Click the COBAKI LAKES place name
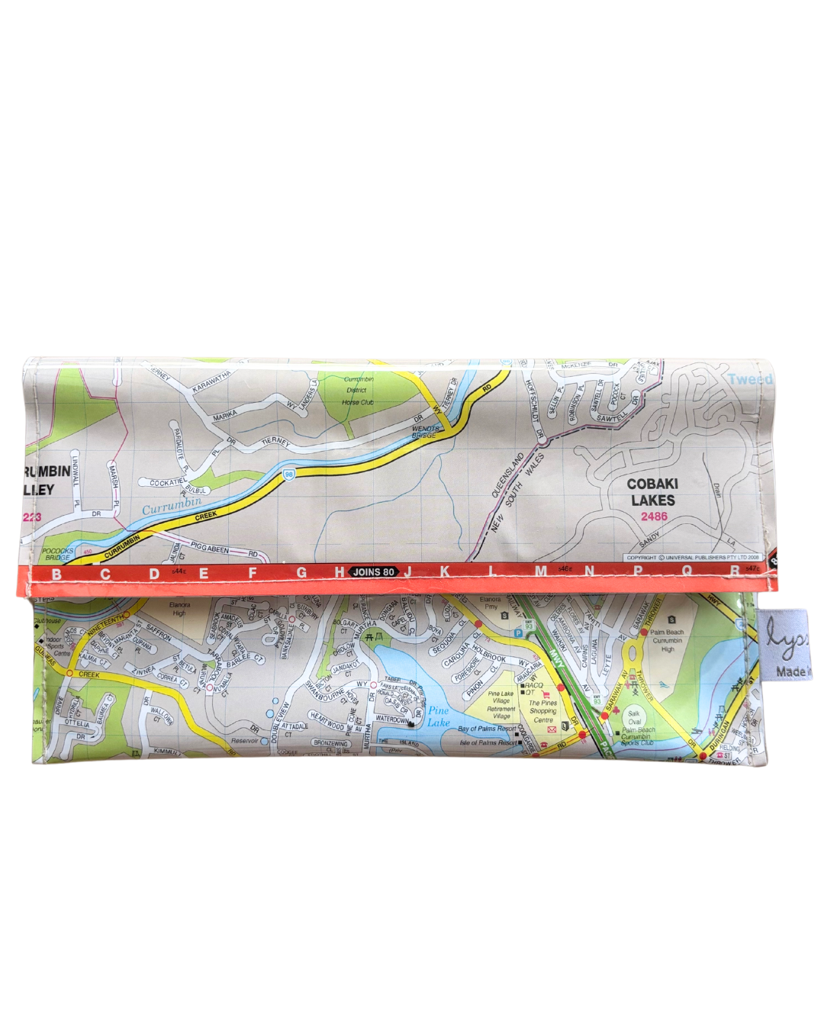tap(652, 491)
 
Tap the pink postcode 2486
tap(653, 517)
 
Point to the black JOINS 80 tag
tap(373, 571)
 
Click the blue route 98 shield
tap(289, 475)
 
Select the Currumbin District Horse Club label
tap(357, 390)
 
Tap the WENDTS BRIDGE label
tap(426, 432)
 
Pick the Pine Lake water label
tap(438, 716)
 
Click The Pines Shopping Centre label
tap(542, 711)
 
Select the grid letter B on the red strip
tap(56, 574)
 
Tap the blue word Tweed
tap(749, 379)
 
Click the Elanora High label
tap(179, 609)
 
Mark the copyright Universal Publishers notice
tap(692, 558)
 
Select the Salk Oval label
tap(634, 717)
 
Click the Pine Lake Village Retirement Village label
tap(501, 705)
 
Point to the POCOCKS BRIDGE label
tap(57, 554)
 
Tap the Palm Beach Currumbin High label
tap(667, 640)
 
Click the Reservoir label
tap(245, 741)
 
